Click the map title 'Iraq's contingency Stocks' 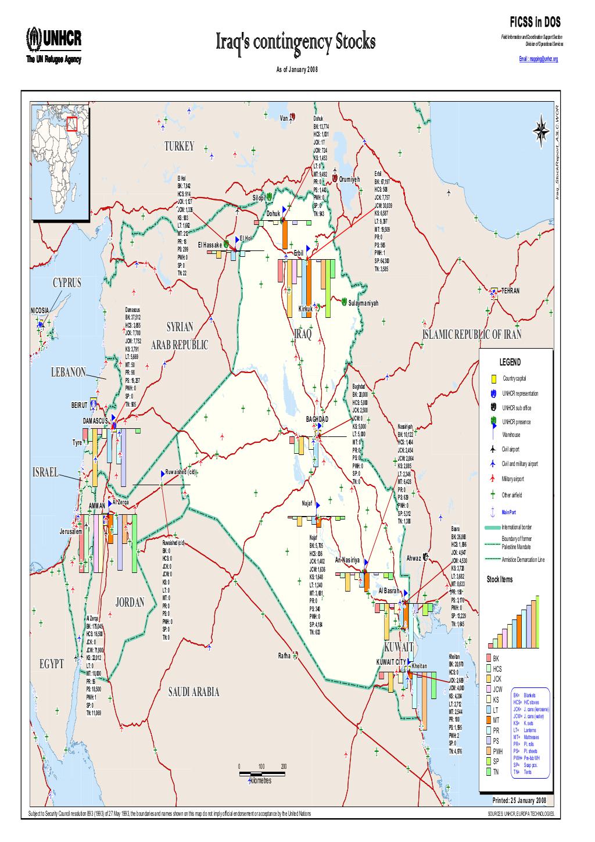pos(296,42)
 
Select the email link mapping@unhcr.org pos(538,59)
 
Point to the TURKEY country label pos(178,146)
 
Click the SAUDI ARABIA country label pos(193,691)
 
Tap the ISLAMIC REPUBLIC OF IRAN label pos(472,334)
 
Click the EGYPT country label pos(52,664)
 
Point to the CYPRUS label pos(67,282)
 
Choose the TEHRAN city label pos(510,291)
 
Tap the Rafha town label pos(284,656)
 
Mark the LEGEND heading pos(510,362)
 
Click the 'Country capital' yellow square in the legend pos(493,379)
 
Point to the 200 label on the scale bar pos(284,766)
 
